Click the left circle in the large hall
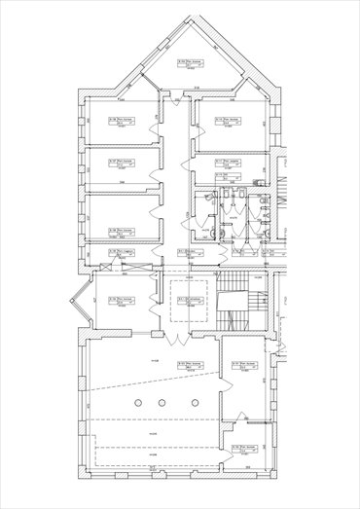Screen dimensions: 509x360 point(137,402)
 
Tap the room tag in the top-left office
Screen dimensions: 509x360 point(123,123)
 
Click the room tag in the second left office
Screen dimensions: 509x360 point(123,163)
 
